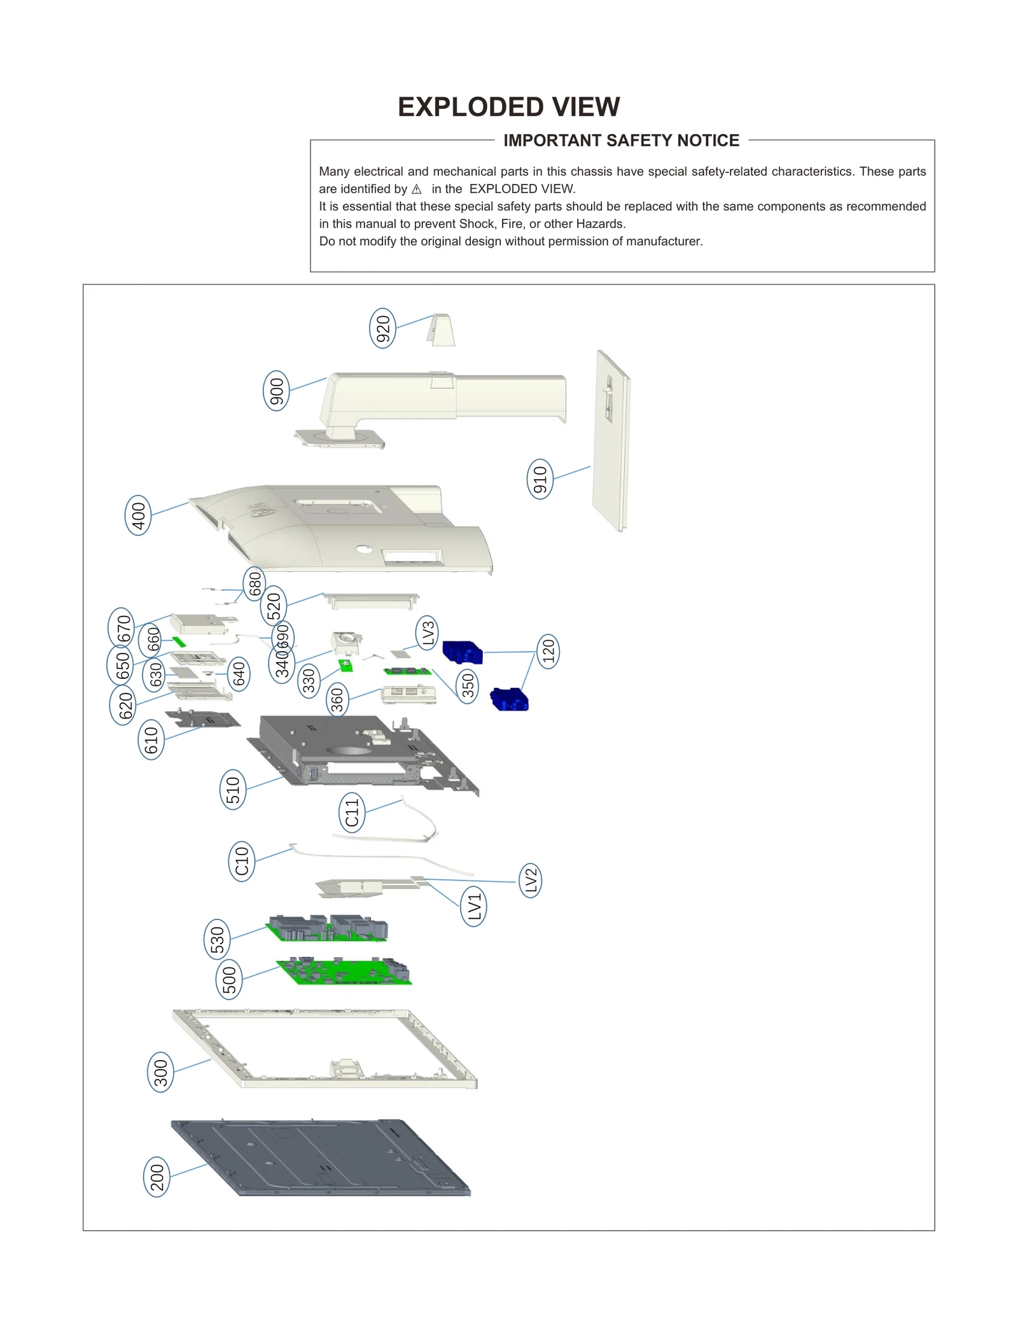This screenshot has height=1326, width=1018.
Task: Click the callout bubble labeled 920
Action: [382, 328]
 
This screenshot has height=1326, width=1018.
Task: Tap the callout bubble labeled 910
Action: [540, 478]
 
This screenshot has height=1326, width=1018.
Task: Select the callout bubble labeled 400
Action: [138, 515]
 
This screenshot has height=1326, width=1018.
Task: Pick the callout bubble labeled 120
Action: [548, 651]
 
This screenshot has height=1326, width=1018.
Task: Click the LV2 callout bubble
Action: [531, 880]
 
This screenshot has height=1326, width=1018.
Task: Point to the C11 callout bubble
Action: [352, 813]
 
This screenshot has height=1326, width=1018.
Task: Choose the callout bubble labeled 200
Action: [157, 1177]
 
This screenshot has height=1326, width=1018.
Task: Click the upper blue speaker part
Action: [463, 652]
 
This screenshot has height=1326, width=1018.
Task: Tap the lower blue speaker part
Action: [510, 699]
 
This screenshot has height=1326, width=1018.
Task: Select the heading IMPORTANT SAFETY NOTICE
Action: [621, 141]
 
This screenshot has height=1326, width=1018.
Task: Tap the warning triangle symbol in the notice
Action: [417, 190]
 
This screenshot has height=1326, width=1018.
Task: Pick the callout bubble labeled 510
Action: [233, 789]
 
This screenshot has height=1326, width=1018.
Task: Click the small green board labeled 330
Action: [346, 666]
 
